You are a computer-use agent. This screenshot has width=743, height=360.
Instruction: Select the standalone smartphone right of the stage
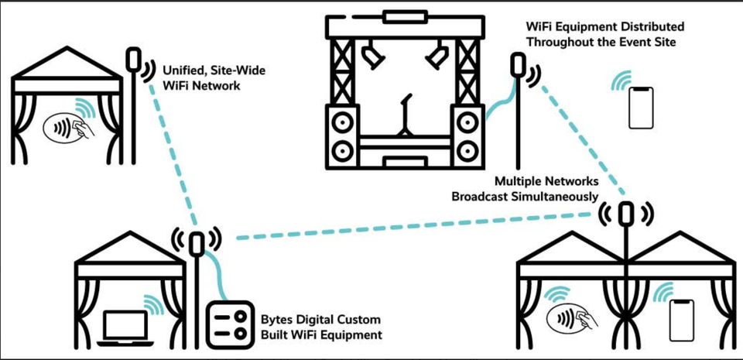(640, 108)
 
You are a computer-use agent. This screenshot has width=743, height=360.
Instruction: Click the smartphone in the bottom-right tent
(682, 317)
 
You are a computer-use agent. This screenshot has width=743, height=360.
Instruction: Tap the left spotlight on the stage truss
(372, 54)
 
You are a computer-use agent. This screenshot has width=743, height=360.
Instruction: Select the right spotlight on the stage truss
(437, 54)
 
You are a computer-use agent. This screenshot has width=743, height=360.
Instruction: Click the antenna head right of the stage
(516, 64)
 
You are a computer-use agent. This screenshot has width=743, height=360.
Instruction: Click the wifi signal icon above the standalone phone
(621, 80)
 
